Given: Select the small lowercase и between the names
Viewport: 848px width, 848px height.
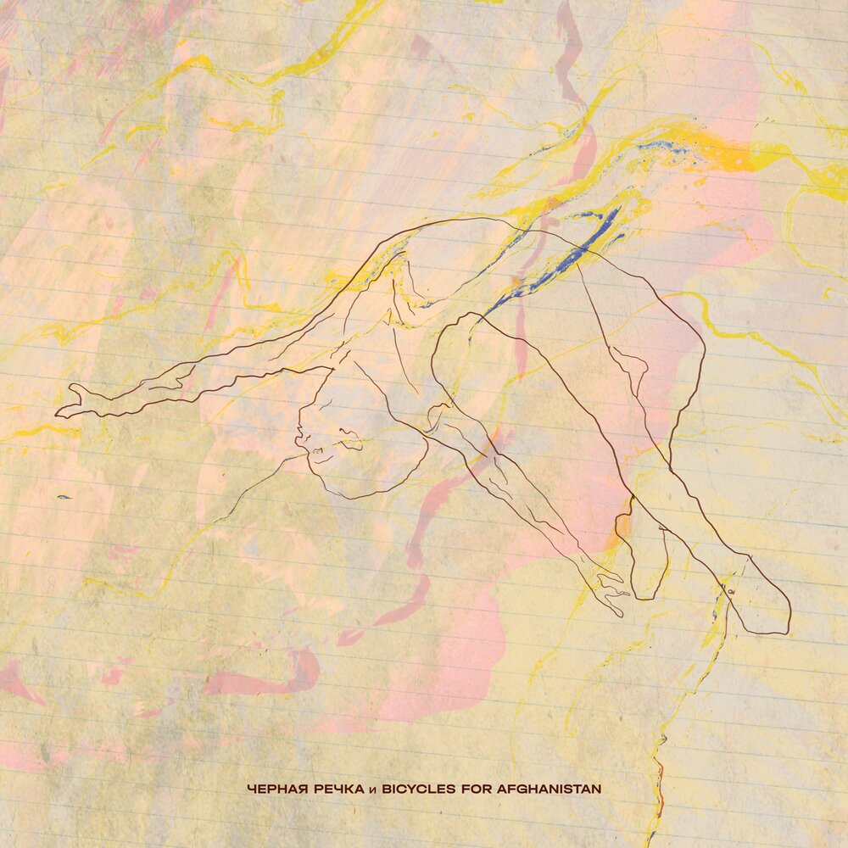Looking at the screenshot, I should pos(371,789).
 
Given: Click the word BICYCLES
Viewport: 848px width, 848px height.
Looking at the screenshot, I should pos(419,789).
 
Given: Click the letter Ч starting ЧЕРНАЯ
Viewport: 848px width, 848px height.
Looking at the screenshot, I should pos(250,789).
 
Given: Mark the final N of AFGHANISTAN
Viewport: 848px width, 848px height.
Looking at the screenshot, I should pos(597,789).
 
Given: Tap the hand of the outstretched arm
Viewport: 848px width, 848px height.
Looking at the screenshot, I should pos(72,403).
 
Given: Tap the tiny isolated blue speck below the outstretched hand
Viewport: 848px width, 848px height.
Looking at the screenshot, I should pos(64,497).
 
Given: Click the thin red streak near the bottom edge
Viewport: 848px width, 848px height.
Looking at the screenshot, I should pos(659,789).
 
